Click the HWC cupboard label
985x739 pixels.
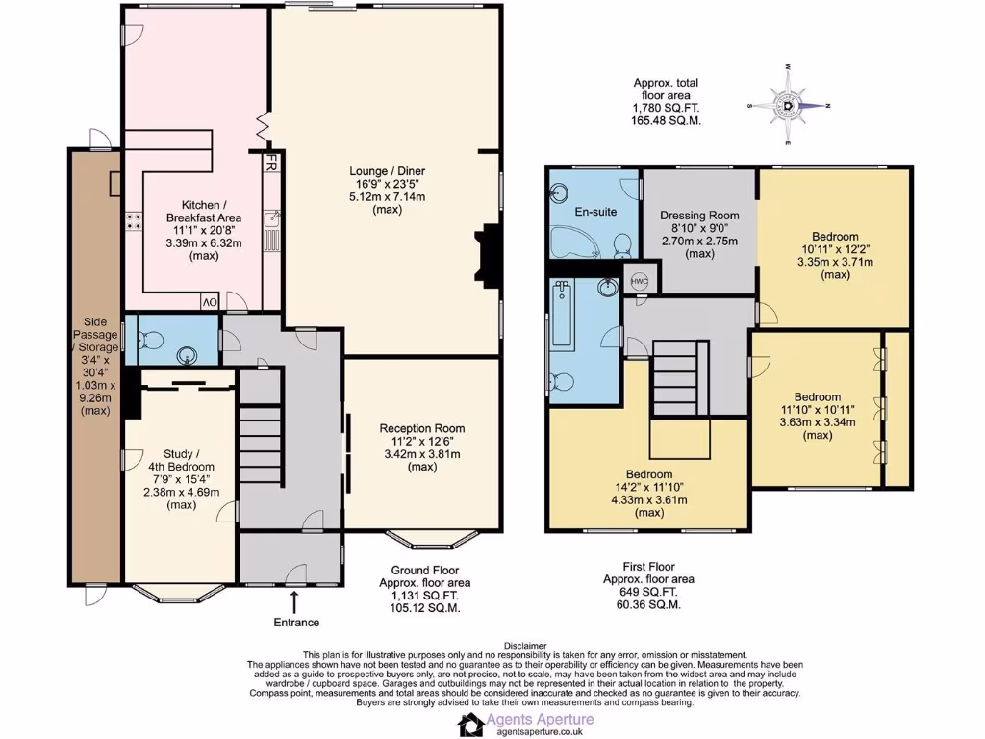coord(640,281)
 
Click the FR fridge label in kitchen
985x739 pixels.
coord(271,165)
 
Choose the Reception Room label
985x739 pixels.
coord(421,428)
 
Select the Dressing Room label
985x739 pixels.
coord(699,215)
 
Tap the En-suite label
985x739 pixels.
coord(594,211)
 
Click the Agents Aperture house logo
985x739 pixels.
coord(471,725)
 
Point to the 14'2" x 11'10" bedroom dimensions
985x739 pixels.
coord(648,487)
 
